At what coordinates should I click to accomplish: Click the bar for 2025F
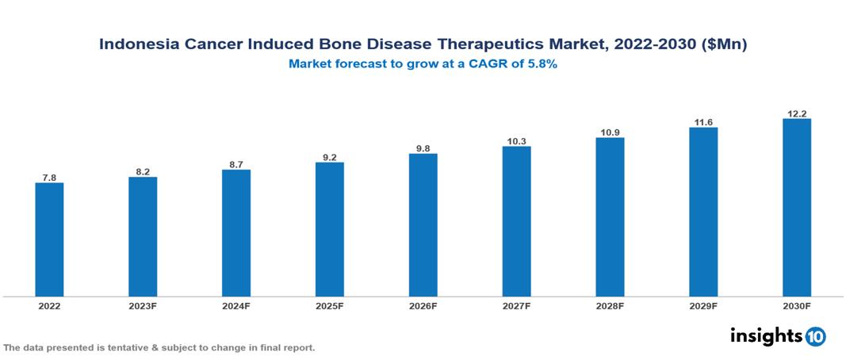click(329, 229)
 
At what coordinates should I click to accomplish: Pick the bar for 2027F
click(516, 221)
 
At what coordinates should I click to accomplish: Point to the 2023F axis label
click(143, 305)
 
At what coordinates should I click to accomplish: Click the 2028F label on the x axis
click(610, 305)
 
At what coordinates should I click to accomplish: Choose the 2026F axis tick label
click(423, 305)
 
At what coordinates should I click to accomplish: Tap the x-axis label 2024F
click(236, 305)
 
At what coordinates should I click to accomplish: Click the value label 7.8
click(49, 178)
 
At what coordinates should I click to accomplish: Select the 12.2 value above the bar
click(796, 113)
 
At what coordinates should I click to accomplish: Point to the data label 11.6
click(703, 122)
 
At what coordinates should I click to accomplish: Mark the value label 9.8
click(423, 148)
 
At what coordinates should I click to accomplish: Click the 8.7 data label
click(236, 164)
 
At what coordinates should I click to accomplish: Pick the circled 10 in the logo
click(816, 336)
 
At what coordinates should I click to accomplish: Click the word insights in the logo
click(766, 335)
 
